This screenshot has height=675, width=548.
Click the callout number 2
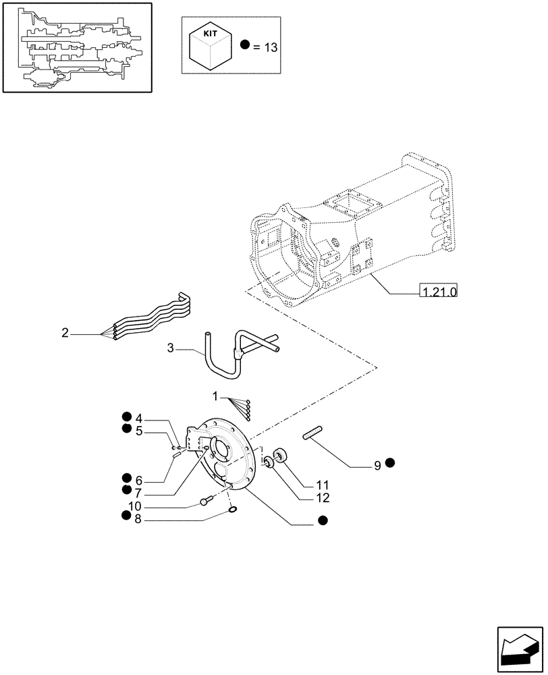pos(65,332)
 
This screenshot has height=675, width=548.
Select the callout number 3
pos(170,348)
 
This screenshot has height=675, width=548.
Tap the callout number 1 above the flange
pos(216,394)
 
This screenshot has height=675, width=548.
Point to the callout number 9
pos(378,464)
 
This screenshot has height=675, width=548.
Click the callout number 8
pos(138,520)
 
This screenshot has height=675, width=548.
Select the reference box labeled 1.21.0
pos(438,292)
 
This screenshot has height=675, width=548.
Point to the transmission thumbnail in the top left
pos(76,47)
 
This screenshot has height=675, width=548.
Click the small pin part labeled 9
pos(316,434)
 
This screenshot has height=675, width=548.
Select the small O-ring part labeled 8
pos(232,510)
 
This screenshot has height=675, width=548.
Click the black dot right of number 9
pos(391,463)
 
